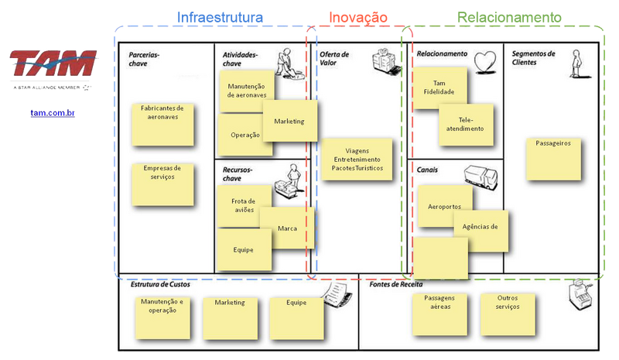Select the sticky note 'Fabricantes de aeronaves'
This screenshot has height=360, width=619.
tap(162, 123)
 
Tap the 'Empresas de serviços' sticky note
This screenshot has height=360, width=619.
tap(162, 183)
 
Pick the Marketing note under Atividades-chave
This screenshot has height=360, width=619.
tap(289, 122)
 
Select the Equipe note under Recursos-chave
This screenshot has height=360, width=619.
tap(243, 250)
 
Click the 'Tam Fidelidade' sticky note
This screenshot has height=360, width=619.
tap(439, 89)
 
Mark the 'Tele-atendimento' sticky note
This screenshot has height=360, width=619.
tap(467, 124)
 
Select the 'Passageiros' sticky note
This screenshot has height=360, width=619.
tap(553, 158)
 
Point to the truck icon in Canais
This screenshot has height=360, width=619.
tap(480, 177)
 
